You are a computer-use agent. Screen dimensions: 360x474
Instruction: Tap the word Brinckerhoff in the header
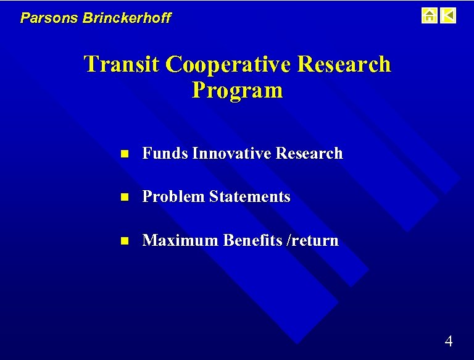(127, 18)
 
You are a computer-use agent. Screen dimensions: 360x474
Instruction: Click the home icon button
(429, 15)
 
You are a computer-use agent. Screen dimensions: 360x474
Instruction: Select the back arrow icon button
(449, 15)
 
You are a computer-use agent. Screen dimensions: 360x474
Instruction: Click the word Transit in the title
(122, 64)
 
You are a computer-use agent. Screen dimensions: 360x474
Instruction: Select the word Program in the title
(237, 90)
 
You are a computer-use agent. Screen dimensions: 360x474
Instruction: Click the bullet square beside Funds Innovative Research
(123, 154)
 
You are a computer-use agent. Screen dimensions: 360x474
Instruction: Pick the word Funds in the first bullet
(165, 153)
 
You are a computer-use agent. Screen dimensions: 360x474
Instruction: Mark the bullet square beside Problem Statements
(123, 198)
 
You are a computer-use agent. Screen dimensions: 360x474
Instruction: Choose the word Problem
(173, 197)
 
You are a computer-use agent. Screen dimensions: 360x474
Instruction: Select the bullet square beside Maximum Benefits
(123, 241)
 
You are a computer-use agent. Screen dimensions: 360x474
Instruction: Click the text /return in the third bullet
(314, 240)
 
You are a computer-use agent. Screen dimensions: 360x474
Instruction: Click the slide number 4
(449, 341)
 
